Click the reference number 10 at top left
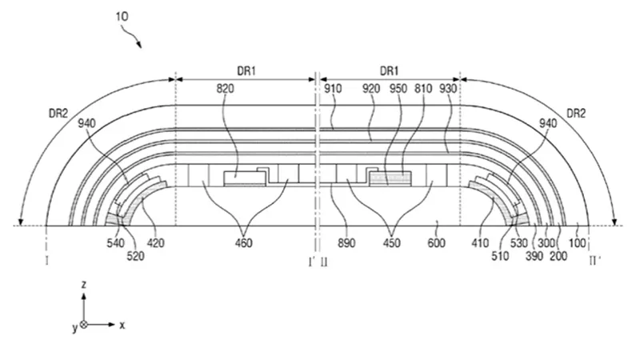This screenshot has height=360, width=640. click(122, 16)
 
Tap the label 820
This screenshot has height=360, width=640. click(225, 89)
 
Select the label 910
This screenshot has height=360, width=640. click(333, 89)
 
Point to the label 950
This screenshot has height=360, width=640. click(398, 89)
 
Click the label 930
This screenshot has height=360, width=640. click(448, 89)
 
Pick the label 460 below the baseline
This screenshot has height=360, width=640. click(244, 243)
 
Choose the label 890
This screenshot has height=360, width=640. click(346, 243)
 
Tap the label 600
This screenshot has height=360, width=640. click(436, 243)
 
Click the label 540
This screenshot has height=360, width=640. click(115, 243)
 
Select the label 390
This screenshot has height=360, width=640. click(534, 256)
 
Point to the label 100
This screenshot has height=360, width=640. click(577, 243)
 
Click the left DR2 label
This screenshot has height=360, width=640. click(58, 114)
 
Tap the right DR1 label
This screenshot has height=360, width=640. click(389, 71)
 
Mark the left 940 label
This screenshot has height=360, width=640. click(86, 123)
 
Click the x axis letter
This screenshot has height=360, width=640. click(122, 326)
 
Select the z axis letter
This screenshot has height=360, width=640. click(84, 285)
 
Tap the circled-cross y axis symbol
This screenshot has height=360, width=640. click(84, 325)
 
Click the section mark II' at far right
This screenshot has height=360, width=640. click(594, 261)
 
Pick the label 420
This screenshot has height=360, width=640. click(155, 243)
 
